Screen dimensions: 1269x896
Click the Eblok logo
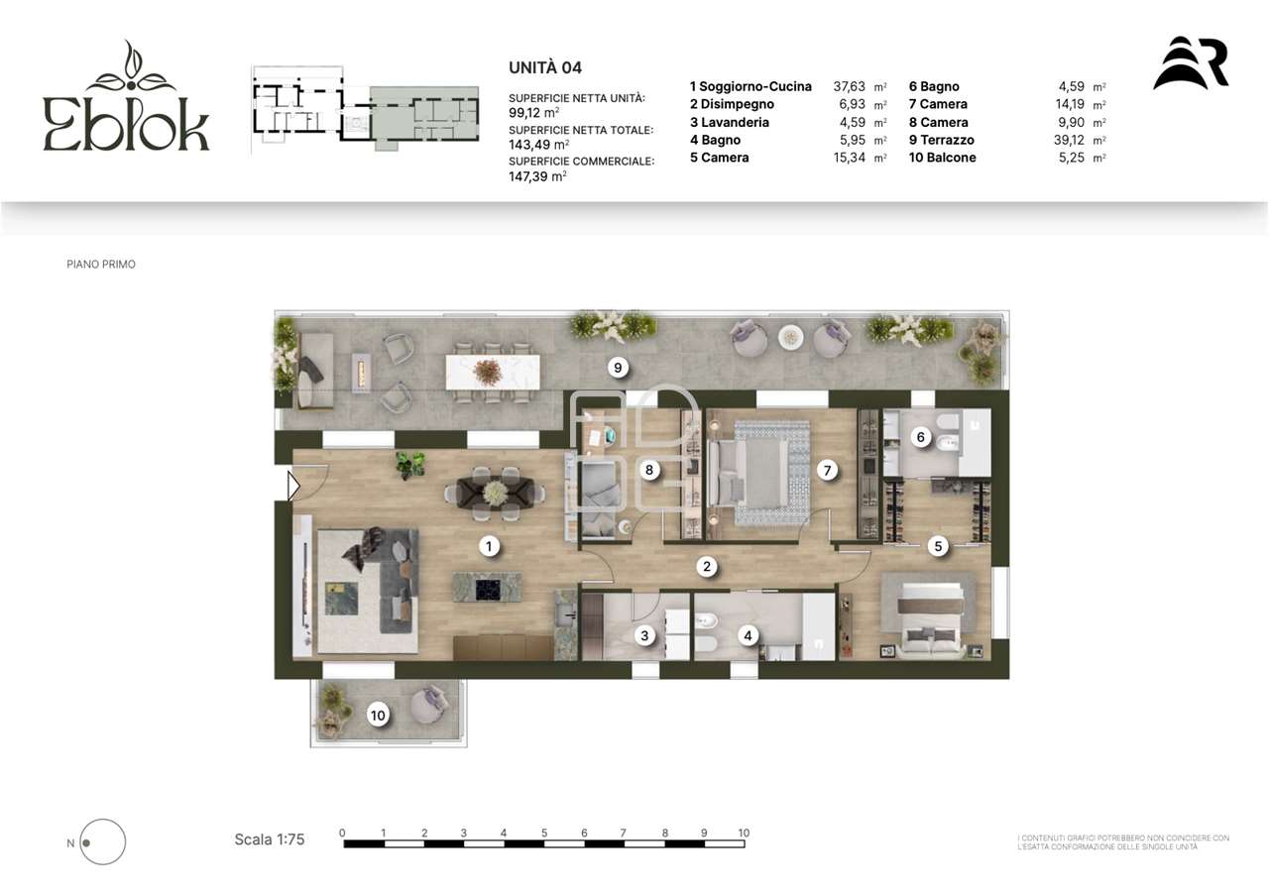point(126,95)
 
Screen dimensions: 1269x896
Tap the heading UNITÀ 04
point(545,68)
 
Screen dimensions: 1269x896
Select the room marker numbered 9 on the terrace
point(618,368)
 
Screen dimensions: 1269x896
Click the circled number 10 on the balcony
point(378,716)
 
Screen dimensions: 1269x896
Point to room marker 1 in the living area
point(489,546)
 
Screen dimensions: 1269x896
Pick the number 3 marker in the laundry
point(644,635)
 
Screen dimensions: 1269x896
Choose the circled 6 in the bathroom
point(921,437)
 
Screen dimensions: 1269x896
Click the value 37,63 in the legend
point(849,86)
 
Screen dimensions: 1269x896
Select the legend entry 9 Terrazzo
point(942,140)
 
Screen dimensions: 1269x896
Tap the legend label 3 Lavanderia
point(729,122)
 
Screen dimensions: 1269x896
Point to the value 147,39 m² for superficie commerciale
point(537,176)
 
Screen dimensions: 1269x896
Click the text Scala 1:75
point(270,840)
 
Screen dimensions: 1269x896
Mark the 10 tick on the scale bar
point(744,834)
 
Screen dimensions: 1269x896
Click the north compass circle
point(102,841)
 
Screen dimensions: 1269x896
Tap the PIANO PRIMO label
point(101,264)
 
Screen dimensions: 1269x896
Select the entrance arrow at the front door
point(293,486)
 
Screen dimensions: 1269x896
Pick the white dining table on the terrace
point(493,372)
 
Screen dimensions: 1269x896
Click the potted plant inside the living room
point(410,465)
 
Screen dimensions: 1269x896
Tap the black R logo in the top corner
point(1191,63)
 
